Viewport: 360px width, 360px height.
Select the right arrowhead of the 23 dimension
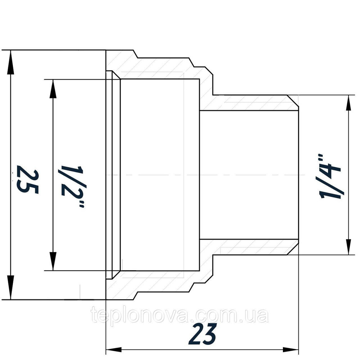[290, 350]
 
